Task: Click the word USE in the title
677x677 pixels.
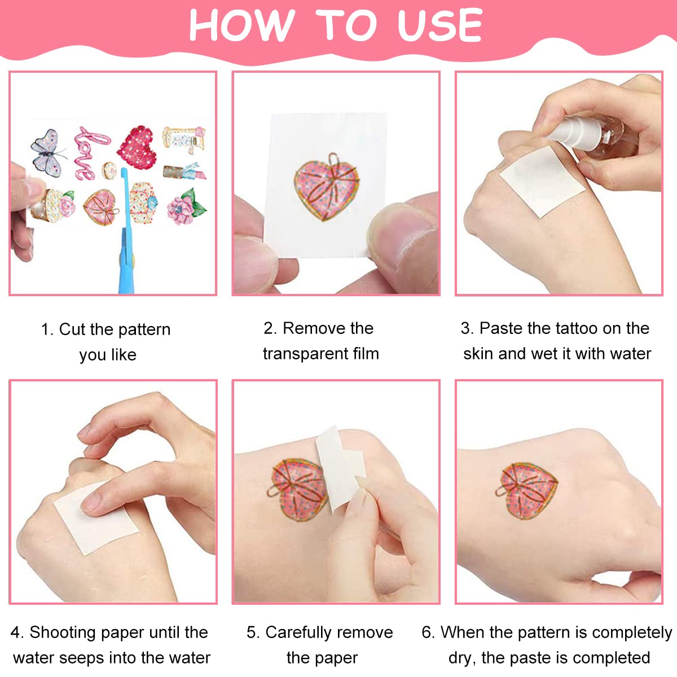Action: (x=439, y=26)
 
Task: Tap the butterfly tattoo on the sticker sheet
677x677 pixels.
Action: (x=47, y=151)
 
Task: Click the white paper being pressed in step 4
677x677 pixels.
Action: (x=96, y=522)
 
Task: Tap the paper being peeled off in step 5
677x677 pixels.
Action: (x=338, y=465)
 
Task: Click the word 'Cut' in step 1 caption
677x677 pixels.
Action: (x=72, y=329)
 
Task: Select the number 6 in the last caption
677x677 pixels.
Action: (x=427, y=632)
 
